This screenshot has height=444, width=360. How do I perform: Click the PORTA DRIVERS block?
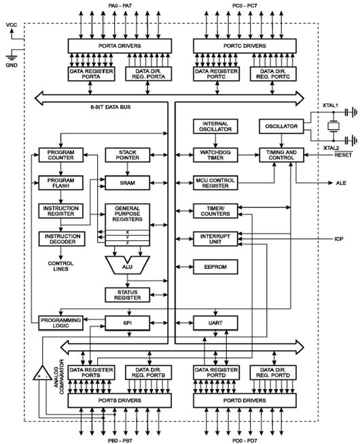tap(120, 46)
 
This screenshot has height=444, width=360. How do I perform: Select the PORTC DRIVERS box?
tap(245, 46)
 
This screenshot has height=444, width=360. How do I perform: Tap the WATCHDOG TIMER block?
tap(215, 155)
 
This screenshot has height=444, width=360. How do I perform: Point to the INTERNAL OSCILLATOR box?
tap(215, 126)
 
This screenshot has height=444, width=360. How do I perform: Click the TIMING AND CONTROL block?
tap(281, 155)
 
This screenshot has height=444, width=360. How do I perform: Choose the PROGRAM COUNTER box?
tap(61, 155)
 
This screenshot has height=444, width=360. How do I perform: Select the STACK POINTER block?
tap(128, 155)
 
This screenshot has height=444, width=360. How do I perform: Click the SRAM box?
tap(128, 183)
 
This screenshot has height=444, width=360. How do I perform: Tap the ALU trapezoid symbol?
tap(128, 265)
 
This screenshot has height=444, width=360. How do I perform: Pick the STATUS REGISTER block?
tap(128, 295)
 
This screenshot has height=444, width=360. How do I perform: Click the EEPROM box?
tap(215, 267)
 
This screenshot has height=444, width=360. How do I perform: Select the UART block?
tap(215, 322)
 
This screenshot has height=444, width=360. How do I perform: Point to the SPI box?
tap(128, 322)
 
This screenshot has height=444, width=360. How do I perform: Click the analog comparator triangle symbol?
tap(43, 374)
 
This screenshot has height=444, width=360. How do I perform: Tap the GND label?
tap(12, 65)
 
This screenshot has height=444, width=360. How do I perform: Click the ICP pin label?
tap(339, 239)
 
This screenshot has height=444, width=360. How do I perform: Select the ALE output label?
tap(341, 183)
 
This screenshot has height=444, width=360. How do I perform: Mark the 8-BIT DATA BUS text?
tap(111, 107)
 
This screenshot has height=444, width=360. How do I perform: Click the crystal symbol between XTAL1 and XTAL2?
tap(334, 126)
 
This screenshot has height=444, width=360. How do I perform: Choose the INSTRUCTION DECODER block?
tap(62, 239)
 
